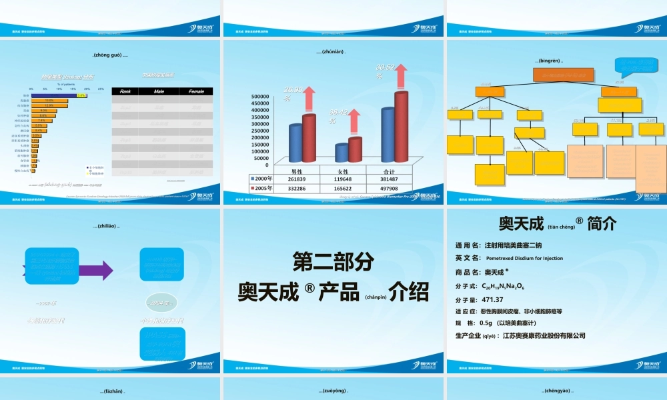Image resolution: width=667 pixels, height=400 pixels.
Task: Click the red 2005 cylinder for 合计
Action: [401, 127]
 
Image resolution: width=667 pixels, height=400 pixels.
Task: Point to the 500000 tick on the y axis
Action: [259, 97]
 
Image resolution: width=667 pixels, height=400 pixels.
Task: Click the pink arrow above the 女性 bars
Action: [354, 120]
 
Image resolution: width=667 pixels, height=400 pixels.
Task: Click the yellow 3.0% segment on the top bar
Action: [81, 96]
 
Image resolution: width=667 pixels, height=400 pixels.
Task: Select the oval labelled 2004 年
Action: [161, 303]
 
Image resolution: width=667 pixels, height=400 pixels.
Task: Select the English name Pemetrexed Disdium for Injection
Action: [524, 258]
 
